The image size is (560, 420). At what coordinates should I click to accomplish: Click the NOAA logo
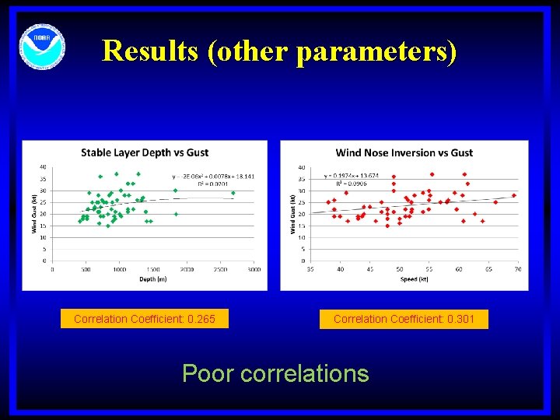pos(43,45)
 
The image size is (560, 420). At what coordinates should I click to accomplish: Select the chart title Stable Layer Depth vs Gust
pos(145,152)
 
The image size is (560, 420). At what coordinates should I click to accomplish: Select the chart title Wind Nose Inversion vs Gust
pos(404,152)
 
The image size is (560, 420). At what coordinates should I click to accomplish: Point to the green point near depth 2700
pos(233,193)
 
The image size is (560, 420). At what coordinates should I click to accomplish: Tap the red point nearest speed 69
pos(514,195)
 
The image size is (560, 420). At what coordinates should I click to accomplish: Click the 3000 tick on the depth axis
pos(254,270)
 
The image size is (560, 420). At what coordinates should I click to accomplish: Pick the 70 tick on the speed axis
pos(519,270)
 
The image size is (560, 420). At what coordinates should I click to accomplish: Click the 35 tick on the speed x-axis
pos(311,270)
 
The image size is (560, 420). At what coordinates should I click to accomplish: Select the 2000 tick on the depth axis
pos(187,270)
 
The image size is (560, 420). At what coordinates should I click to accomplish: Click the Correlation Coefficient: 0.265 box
pos(145,319)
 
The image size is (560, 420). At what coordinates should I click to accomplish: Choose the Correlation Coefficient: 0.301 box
pos(404,319)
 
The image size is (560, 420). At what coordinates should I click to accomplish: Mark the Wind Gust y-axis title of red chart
pos(293,214)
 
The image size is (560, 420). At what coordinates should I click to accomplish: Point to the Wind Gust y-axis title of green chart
pos(34,214)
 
